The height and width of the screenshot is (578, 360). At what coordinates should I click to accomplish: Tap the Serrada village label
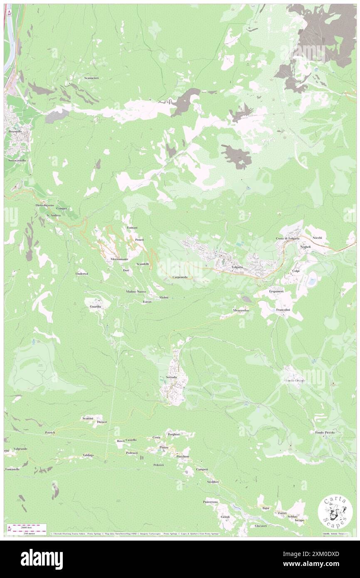(x=171, y=377)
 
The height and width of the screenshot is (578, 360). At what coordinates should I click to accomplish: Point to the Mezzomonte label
(x=119, y=259)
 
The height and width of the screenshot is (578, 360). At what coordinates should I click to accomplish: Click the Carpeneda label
(x=180, y=277)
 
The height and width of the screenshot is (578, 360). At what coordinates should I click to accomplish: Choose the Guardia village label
(x=95, y=306)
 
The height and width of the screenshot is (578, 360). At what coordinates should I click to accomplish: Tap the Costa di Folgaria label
(x=288, y=238)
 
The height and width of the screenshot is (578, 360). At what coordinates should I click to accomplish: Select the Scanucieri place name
(x=91, y=78)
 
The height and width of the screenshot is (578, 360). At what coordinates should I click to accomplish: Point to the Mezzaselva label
(x=241, y=311)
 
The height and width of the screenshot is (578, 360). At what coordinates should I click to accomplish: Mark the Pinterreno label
(x=211, y=502)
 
